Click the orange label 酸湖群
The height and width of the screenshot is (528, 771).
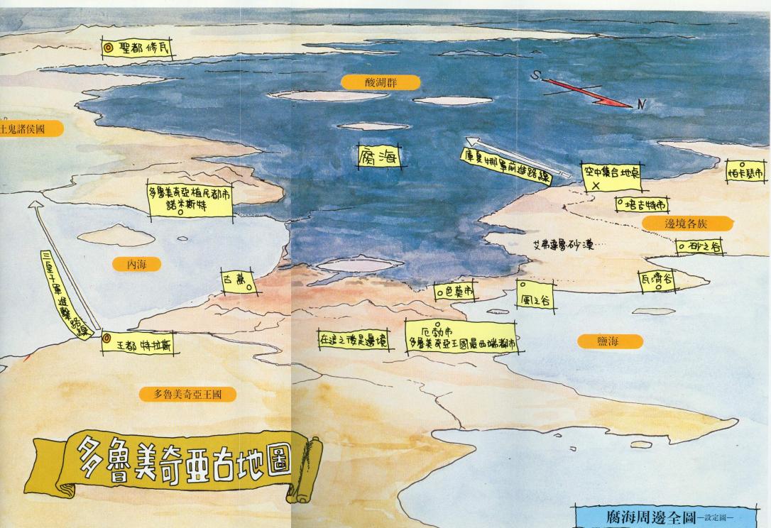point(381,82)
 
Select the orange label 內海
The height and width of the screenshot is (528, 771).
point(136,264)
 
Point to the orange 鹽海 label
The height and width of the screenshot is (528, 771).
point(610,341)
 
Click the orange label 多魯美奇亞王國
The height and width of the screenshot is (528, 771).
point(187,395)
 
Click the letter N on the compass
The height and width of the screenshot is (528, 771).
point(641,105)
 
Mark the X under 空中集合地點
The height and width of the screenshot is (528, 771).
point(596,185)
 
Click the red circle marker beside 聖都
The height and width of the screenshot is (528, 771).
point(109,48)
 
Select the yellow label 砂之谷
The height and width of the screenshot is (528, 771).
point(699,246)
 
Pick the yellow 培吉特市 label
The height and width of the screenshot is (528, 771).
point(642,204)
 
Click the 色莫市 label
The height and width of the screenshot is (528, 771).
point(455,290)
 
